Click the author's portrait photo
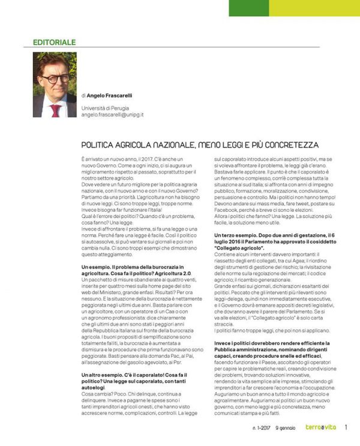click(x=55, y=85)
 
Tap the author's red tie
click(x=56, y=110)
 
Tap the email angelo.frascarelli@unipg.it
click(x=113, y=114)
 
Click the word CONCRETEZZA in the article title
click(x=288, y=145)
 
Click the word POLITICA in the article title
click(x=100, y=145)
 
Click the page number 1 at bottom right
click(x=346, y=428)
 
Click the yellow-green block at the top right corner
click(x=314, y=7)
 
